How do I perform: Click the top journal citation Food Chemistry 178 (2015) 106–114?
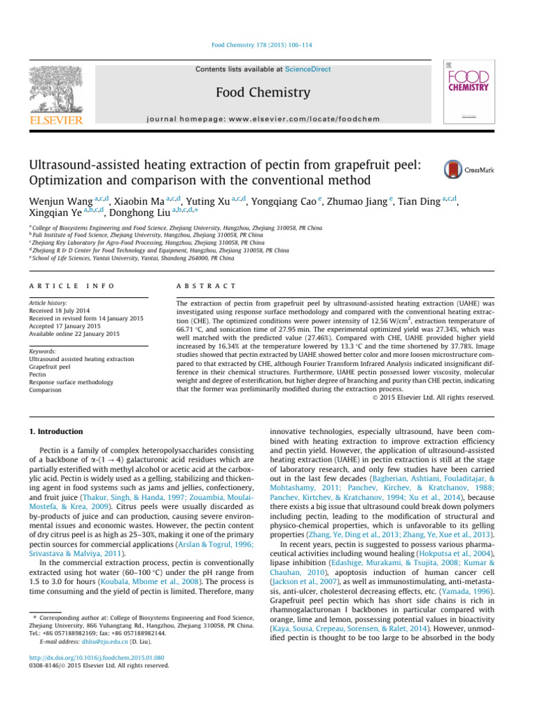(266, 45)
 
